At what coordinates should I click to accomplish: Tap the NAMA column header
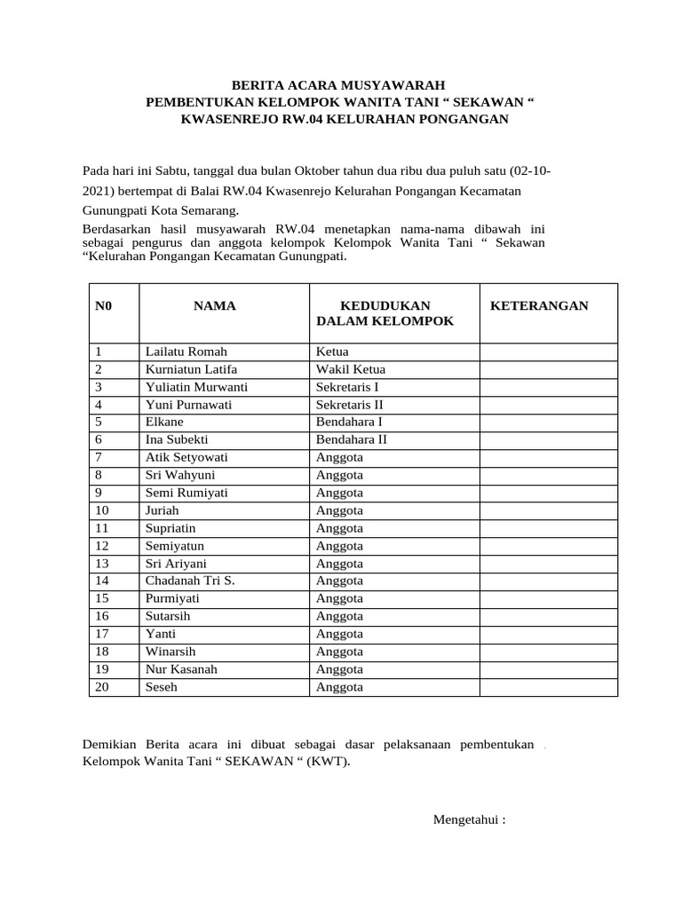click(x=214, y=305)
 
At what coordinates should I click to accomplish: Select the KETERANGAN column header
click(x=539, y=305)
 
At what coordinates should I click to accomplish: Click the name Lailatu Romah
click(x=186, y=352)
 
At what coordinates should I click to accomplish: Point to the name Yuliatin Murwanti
click(x=196, y=387)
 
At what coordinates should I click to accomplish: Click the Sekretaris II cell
click(x=350, y=405)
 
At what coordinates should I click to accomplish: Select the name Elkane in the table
click(x=164, y=422)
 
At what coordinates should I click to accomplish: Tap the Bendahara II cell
click(x=352, y=439)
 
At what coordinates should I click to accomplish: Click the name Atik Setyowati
click(x=186, y=457)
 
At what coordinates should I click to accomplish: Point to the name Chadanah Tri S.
click(x=189, y=581)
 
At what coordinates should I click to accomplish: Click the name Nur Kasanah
click(x=181, y=669)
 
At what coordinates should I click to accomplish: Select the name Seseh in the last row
click(x=162, y=687)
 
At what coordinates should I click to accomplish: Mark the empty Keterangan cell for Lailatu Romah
click(x=549, y=352)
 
